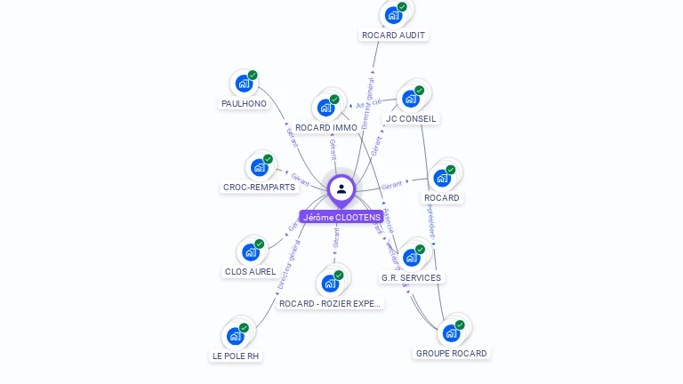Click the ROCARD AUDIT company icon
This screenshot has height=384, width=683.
tap(392, 15)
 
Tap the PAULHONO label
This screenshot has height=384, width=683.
tap(243, 104)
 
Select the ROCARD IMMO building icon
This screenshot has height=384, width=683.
tap(325, 108)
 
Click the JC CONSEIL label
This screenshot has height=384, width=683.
tap(411, 118)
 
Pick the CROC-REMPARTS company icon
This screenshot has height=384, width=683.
tap(259, 167)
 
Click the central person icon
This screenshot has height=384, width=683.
tap(341, 188)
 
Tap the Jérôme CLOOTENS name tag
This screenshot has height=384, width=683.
tap(341, 217)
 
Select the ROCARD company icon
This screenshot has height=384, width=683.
tap(442, 178)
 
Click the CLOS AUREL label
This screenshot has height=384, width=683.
tap(250, 271)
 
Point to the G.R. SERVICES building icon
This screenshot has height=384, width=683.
tap(411, 258)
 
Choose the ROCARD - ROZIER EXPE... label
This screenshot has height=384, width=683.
tap(330, 304)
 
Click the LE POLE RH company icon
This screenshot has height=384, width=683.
tap(235, 336)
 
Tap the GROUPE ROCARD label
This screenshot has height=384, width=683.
tap(451, 354)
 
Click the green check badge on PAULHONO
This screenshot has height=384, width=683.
tap(253, 76)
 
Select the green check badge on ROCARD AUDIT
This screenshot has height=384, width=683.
tap(402, 7)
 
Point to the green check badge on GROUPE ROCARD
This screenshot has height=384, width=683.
tap(460, 325)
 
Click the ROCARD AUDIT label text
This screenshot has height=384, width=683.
tap(393, 36)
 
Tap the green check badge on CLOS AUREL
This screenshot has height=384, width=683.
tap(260, 244)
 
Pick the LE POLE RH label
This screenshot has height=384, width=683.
tap(236, 356)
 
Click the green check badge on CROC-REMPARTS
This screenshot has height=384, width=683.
tap(268, 159)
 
